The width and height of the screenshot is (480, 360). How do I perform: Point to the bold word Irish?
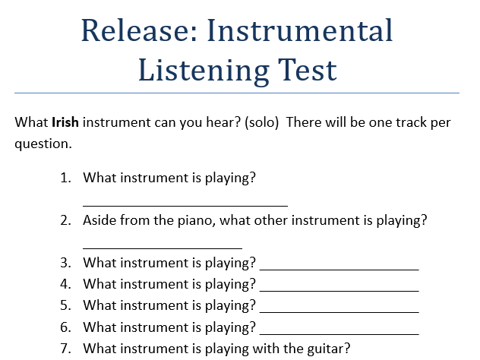(x=66, y=122)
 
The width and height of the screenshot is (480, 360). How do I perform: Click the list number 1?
(x=66, y=178)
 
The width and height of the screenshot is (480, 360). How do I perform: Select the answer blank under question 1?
(x=185, y=204)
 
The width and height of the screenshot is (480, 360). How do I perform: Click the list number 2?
(x=66, y=221)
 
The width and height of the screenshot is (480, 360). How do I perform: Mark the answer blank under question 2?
(x=162, y=247)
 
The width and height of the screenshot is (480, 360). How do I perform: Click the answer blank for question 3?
(x=339, y=268)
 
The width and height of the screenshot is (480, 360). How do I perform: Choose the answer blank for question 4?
(x=339, y=289)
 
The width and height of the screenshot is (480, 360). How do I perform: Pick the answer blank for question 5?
(x=339, y=311)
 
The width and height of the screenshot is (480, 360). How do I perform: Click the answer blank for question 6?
(x=339, y=332)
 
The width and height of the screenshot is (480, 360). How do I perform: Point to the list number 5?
(x=66, y=306)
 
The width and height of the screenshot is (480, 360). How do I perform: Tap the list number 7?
(x=66, y=349)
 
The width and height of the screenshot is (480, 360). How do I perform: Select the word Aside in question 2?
(x=99, y=221)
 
